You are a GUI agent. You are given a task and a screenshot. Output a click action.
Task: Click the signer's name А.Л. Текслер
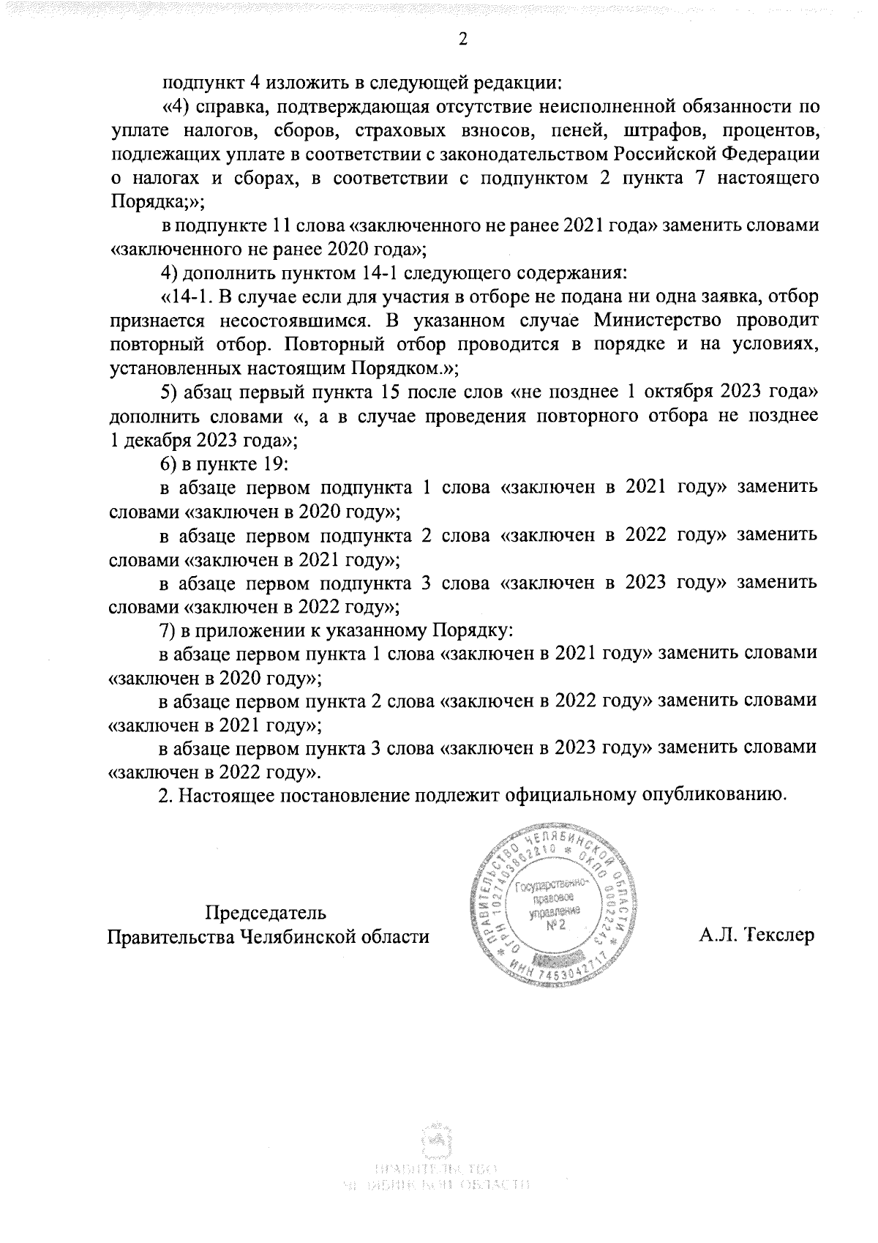click(x=756, y=936)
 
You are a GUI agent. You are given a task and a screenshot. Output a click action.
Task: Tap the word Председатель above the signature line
click(x=266, y=913)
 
